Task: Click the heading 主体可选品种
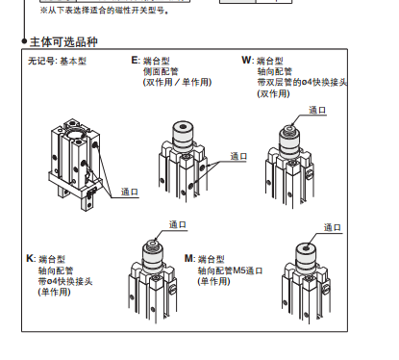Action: coord(63,42)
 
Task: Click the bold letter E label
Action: coord(135,60)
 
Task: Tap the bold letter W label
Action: coord(246,60)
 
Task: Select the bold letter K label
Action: coord(30,258)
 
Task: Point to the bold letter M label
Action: coord(188,258)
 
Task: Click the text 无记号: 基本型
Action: coord(57,61)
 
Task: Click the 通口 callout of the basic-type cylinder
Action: coord(130,192)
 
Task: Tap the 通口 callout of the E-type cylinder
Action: coord(238,156)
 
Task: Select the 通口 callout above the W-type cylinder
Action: coord(317,110)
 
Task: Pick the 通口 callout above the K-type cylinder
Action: coord(178,224)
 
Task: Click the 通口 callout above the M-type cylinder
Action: coord(333,227)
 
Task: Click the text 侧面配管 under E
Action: coord(161,71)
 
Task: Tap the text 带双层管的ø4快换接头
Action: coord(302,82)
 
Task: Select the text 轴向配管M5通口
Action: coord(230,270)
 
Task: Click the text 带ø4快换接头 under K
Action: coord(65,281)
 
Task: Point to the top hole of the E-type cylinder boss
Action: coord(183,126)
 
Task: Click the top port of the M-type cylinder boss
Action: coord(306,247)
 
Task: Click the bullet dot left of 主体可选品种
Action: coord(24,41)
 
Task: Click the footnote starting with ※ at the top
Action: coord(105,11)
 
